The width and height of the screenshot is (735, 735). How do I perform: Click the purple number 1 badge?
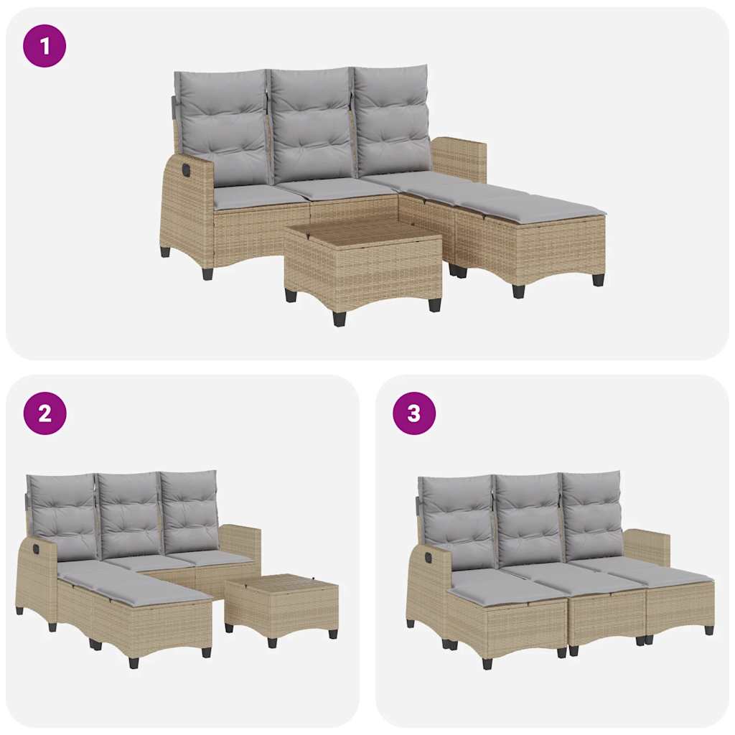tap(45, 46)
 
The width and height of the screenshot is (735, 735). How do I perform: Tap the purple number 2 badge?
tap(45, 413)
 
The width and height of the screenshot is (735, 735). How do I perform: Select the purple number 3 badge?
tap(414, 413)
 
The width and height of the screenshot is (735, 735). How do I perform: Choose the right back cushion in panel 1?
tap(392, 120)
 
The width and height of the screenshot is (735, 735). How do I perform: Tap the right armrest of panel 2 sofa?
tap(240, 543)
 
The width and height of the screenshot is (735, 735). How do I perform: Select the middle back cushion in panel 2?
tap(129, 514)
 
